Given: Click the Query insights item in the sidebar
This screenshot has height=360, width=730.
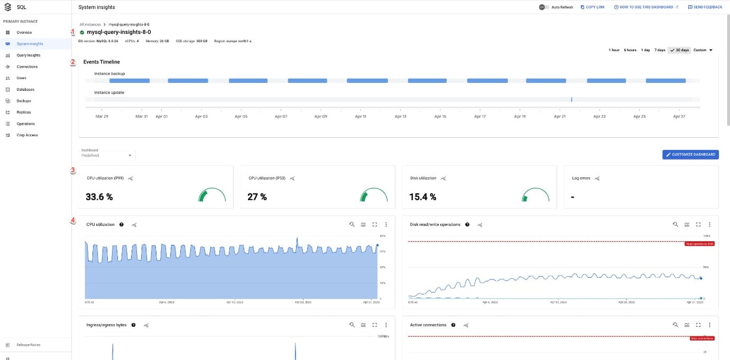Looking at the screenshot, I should coord(28,55).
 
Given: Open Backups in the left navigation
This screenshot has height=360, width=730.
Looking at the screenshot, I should coord(24,101).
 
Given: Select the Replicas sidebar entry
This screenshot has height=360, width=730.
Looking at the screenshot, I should coord(24,112).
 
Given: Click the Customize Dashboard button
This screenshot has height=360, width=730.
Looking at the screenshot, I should coord(690,154).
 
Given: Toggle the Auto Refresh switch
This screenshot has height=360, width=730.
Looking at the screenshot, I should coord(544,7).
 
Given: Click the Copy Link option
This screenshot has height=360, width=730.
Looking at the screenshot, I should coord(593,7).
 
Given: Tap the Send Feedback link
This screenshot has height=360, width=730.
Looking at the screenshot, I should coord(705,7).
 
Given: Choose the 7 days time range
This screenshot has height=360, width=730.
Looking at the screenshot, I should coord(660,50).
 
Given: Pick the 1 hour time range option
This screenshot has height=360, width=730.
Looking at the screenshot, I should coord(614,50).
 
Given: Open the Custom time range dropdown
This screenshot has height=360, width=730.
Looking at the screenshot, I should coord(703,50).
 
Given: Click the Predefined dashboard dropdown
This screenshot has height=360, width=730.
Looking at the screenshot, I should coord(107,155).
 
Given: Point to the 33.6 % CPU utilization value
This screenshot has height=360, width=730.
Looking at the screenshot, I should coord(99,197).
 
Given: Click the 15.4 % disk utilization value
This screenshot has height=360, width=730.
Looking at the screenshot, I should coord(423,197).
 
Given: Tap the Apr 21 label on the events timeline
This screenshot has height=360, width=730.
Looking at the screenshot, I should coord(560,116).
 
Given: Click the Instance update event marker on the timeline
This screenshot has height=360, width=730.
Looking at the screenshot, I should coord(571,99).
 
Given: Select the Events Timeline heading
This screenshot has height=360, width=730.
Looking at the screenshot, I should coord(102,62).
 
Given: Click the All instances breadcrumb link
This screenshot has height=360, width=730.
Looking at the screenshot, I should coord(89,25).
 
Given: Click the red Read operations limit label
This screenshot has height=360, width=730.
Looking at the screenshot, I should coord(699,244).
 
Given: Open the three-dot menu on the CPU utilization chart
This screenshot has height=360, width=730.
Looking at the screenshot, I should coord(386,225).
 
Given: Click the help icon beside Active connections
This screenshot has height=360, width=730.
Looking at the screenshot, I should coord(453,325).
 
